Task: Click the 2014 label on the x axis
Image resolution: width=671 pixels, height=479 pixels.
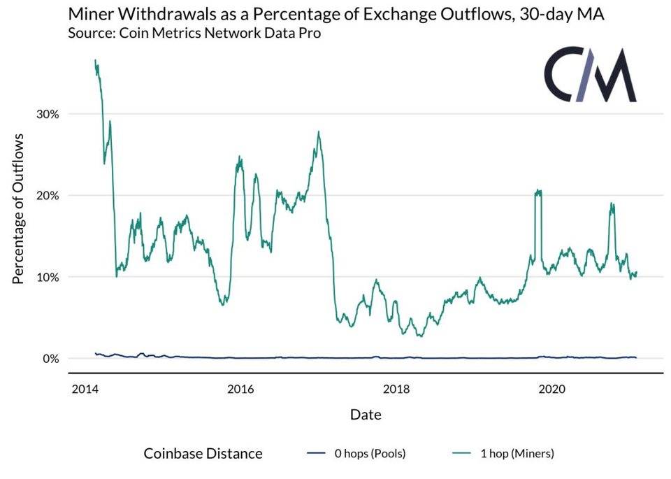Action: click(84, 388)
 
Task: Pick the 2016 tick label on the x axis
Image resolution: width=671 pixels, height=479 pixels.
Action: click(240, 388)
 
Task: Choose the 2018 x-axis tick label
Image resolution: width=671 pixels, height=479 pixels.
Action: click(397, 388)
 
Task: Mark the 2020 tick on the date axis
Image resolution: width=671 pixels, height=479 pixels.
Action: click(554, 388)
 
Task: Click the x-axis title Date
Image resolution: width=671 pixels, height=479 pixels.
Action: click(366, 415)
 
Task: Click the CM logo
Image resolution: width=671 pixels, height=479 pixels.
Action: click(590, 76)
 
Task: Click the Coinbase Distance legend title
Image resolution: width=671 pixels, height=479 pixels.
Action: click(203, 454)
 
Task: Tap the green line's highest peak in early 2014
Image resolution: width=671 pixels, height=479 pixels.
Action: click(95, 61)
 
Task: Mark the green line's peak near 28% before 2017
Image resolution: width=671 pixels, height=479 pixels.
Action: click(319, 132)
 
